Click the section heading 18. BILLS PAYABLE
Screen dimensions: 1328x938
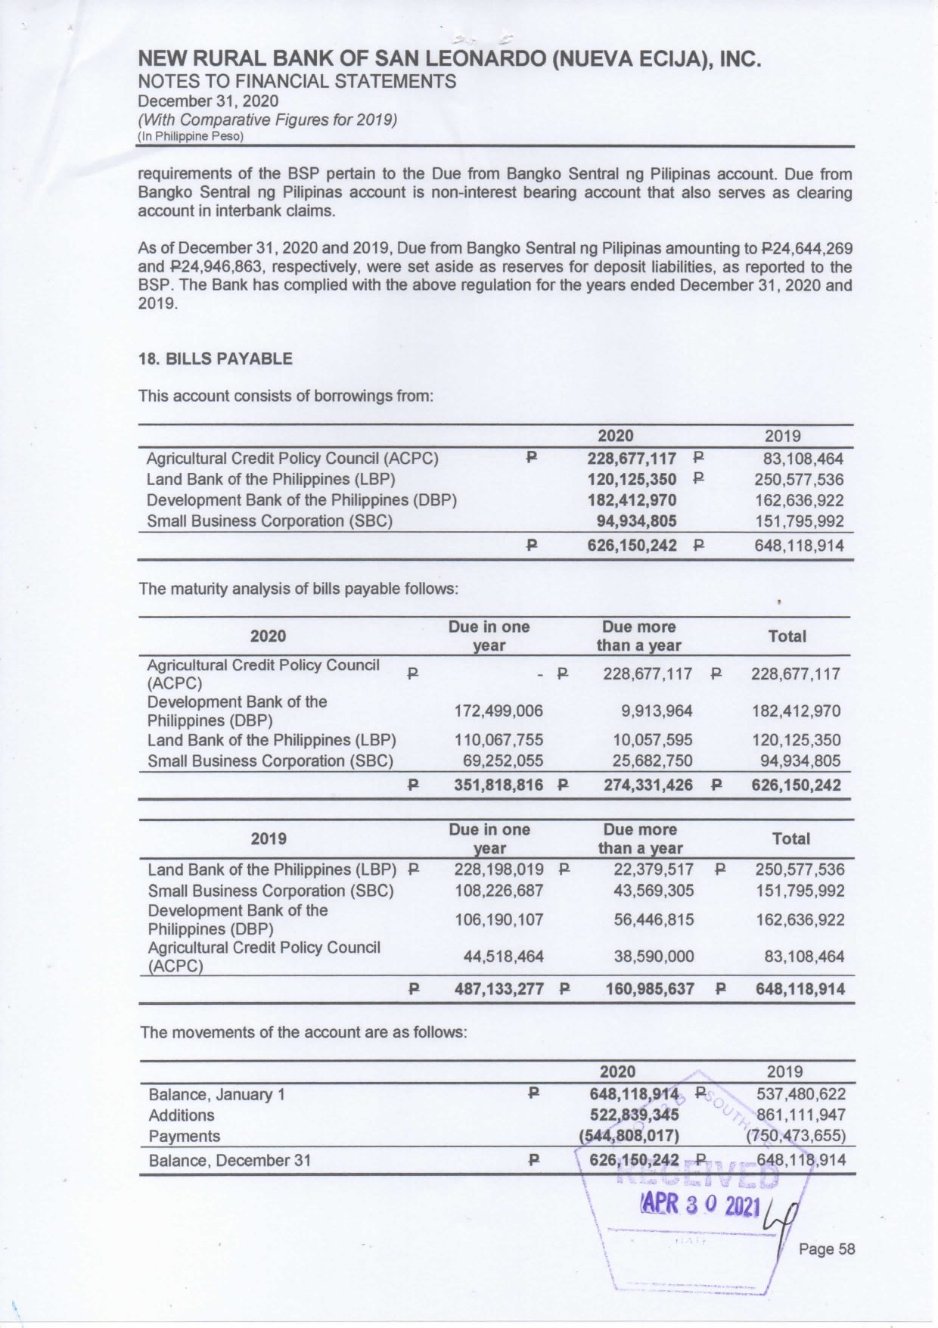[x=215, y=359]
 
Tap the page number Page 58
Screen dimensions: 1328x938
[x=827, y=1249]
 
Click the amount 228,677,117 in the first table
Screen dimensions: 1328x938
[x=632, y=459]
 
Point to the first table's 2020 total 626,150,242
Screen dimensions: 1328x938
[x=632, y=546]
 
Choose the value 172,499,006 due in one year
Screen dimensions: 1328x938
[x=498, y=711]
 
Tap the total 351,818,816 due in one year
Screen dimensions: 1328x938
[x=498, y=785]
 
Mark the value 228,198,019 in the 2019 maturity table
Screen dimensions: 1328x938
[x=499, y=870]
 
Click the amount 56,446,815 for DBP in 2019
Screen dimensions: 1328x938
[x=654, y=920]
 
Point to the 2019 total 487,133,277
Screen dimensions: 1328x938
[x=499, y=989]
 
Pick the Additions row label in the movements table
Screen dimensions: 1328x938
[x=182, y=1115]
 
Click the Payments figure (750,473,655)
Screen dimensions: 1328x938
[x=796, y=1137]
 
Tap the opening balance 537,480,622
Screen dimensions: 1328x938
[x=801, y=1094]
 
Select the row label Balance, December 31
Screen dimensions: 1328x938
[x=230, y=1161]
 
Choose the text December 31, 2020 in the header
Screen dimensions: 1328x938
[x=208, y=101]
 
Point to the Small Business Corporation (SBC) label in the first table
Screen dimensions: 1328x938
[x=269, y=521]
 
